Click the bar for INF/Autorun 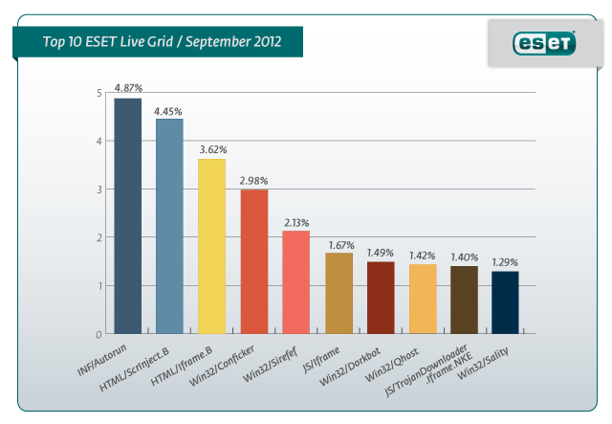click(x=127, y=215)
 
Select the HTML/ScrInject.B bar click(x=169, y=226)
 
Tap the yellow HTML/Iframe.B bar click(x=211, y=246)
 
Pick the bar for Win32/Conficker click(x=253, y=261)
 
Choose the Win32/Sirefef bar click(x=295, y=282)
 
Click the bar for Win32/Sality click(x=506, y=302)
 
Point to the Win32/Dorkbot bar click(x=380, y=298)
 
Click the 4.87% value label click(x=128, y=88)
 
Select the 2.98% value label click(x=253, y=180)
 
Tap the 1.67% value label click(x=338, y=243)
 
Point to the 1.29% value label click(x=506, y=261)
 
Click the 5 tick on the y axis click(x=99, y=93)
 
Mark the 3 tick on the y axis click(x=99, y=190)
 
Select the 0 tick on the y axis click(x=99, y=334)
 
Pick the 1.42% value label click(x=422, y=256)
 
